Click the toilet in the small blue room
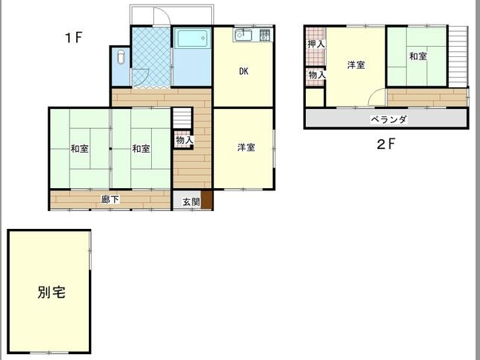coord(121,56)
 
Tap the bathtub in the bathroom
coord(192,38)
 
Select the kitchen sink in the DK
coord(243,36)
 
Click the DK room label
coord(244,71)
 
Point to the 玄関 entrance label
coord(191,201)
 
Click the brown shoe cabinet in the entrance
coord(207,200)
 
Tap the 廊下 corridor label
coord(110,199)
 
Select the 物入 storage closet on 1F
coord(184,140)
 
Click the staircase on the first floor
coord(182,119)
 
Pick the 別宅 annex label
coord(51,293)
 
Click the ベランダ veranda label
coord(389,119)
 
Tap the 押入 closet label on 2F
coord(316,44)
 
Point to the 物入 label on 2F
coord(316,74)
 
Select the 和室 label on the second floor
coord(419,56)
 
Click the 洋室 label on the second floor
coord(356,65)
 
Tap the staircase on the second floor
coord(459,56)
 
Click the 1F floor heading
coord(74,38)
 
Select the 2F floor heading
coord(387,144)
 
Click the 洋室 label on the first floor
coord(246,147)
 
